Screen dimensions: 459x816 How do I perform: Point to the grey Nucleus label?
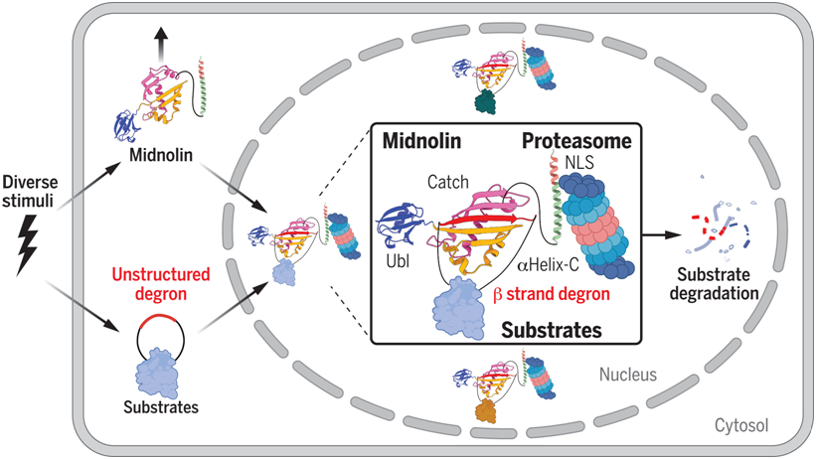(624, 377)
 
